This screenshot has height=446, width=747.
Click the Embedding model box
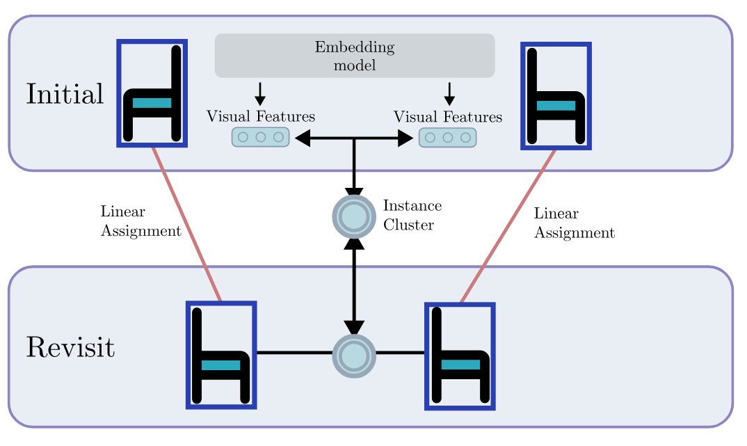tap(354, 56)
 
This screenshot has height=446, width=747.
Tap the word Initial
tap(65, 94)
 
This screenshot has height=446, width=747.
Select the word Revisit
tap(70, 347)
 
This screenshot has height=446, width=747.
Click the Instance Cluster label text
tap(412, 216)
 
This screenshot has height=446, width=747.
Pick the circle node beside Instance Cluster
tap(354, 216)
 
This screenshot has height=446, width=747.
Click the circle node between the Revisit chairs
tap(354, 355)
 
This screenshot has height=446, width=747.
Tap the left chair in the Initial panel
tap(152, 94)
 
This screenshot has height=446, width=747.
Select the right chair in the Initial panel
tap(556, 96)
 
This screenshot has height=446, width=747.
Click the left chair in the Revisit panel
tap(222, 354)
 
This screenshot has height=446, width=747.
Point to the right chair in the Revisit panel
tap(460, 356)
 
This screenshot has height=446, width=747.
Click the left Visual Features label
tap(260, 117)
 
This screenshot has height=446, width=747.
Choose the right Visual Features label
tap(448, 117)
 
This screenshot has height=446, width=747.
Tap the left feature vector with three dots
tap(260, 137)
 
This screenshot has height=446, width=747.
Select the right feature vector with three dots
tap(447, 137)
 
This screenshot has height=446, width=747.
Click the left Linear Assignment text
tap(140, 221)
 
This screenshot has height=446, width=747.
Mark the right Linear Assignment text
tap(574, 223)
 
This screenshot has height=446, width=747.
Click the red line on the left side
tap(186, 224)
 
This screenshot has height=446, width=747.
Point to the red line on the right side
tap(508, 225)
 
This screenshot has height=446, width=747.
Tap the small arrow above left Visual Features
tap(259, 93)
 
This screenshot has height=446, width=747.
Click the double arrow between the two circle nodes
tap(355, 285)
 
